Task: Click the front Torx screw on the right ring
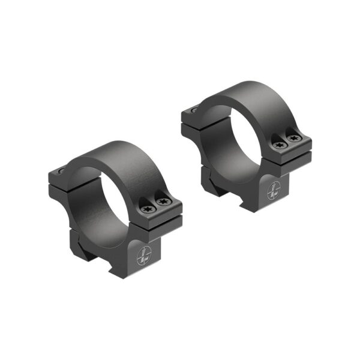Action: (278, 145)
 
